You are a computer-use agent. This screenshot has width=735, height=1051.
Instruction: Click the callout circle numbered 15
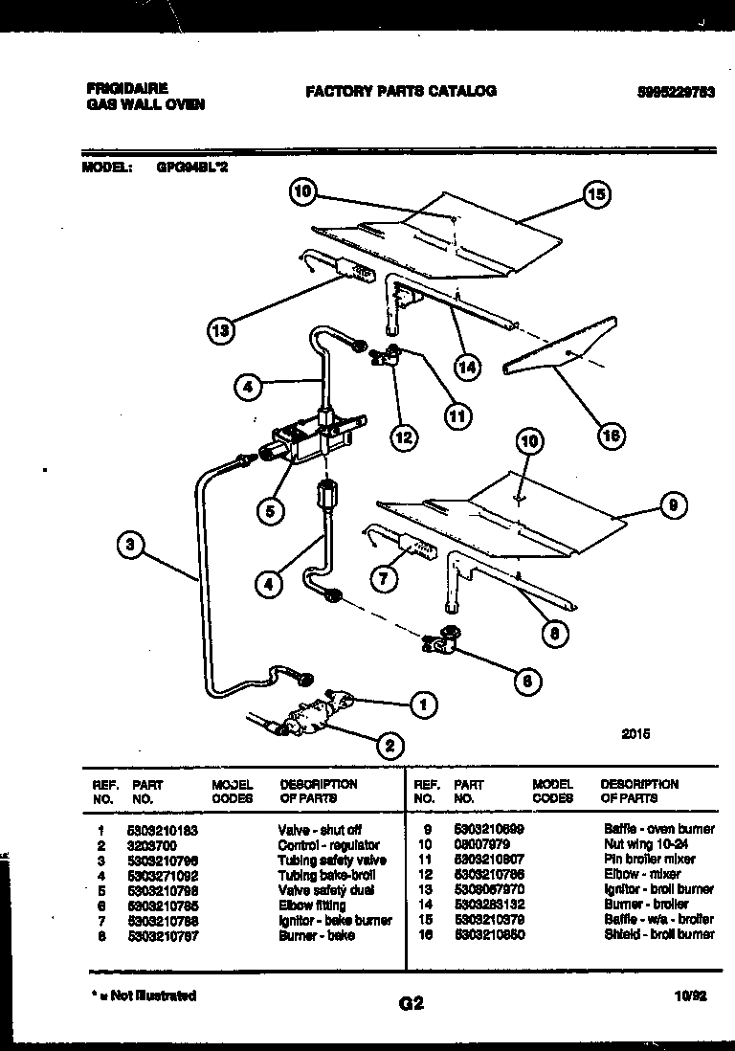pyautogui.click(x=595, y=195)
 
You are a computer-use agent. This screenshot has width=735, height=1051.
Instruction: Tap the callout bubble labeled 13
pyautogui.click(x=221, y=331)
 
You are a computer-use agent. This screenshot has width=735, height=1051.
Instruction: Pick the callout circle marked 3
pyautogui.click(x=131, y=547)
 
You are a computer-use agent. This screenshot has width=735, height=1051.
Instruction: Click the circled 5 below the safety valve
pyautogui.click(x=270, y=511)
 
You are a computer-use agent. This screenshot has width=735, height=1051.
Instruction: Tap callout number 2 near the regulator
pyautogui.click(x=390, y=744)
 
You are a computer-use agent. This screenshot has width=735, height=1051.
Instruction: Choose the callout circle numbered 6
pyautogui.click(x=525, y=682)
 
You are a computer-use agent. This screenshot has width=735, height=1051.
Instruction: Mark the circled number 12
pyautogui.click(x=404, y=437)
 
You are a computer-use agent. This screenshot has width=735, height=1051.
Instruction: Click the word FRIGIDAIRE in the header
pyautogui.click(x=126, y=87)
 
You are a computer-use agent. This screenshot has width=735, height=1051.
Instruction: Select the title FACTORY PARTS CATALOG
pyautogui.click(x=400, y=91)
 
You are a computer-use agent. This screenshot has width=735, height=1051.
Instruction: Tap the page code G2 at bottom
pyautogui.click(x=410, y=1004)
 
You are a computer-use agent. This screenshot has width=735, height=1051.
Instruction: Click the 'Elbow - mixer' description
pyautogui.click(x=640, y=874)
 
